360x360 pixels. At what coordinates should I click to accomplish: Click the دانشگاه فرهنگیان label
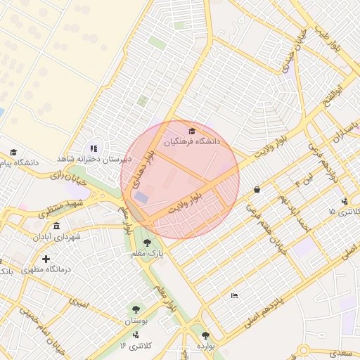coord(192,142)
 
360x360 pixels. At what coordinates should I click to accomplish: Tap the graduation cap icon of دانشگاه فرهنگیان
coord(192,131)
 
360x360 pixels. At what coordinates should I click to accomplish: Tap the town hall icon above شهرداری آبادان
coord(56,226)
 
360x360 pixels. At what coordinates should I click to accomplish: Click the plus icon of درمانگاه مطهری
coord(46,259)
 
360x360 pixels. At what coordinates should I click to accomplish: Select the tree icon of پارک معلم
coord(147,243)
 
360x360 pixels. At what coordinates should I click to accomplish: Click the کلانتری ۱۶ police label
coord(131,345)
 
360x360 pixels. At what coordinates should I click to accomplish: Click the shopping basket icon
coord(257,189)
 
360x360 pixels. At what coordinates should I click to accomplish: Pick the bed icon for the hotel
coord(234,295)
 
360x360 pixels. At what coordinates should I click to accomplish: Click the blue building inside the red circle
coord(142,198)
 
